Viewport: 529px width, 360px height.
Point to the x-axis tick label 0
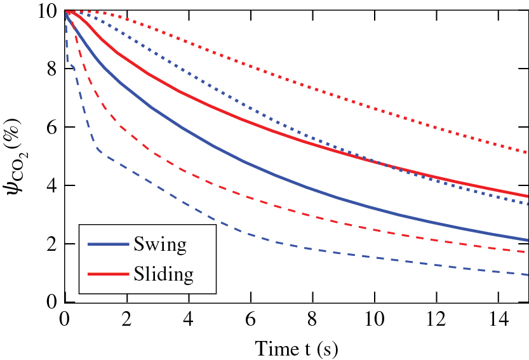point(64,317)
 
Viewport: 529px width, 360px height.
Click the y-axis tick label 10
point(46,11)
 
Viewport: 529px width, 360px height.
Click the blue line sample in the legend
point(108,244)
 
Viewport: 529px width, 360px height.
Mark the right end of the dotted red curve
point(528,152)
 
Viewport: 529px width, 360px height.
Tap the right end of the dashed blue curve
point(528,275)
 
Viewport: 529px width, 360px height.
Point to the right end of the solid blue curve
point(528,240)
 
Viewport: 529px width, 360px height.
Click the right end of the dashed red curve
point(528,252)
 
